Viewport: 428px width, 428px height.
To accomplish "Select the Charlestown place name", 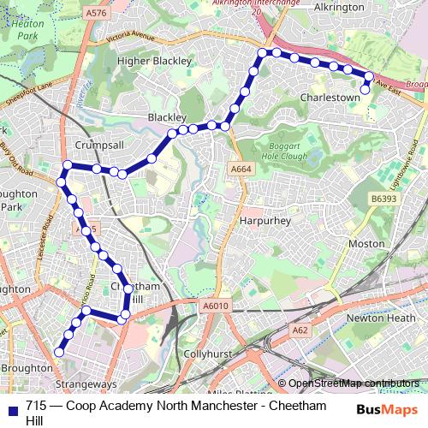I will coord(330,98).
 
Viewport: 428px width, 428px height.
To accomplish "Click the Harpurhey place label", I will coord(265,221).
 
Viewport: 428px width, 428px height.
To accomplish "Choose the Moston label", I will coord(366,244).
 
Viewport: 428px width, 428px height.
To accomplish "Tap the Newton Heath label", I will coord(378,318).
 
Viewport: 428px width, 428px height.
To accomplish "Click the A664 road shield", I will coord(241,169).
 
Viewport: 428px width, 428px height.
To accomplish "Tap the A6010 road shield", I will coord(217,306).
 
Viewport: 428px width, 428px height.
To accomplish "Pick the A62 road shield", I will coord(300,329).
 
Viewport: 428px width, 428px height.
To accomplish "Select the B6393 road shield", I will coord(384,199).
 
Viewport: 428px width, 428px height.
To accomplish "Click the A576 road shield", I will coord(97,12).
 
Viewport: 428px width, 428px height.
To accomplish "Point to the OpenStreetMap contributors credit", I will coord(354,383).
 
